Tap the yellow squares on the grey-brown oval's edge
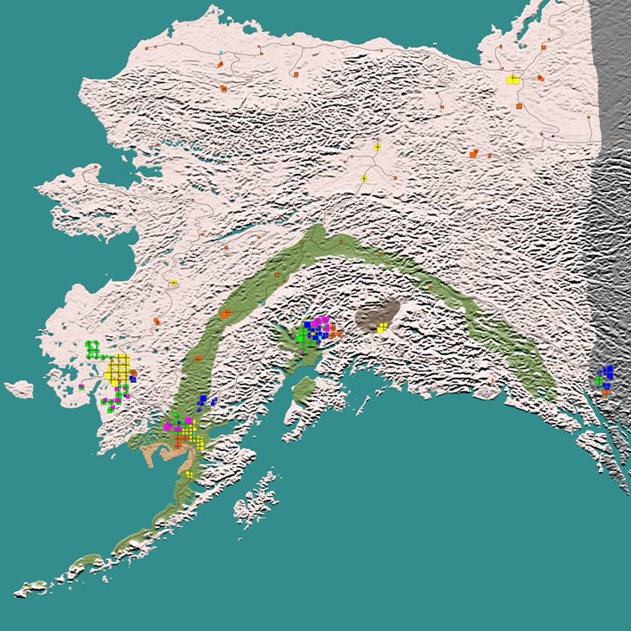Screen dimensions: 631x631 [381, 328]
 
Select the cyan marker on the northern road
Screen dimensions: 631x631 [221, 53]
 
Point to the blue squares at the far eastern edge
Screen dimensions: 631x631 [608, 373]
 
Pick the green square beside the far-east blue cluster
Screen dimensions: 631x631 [597, 380]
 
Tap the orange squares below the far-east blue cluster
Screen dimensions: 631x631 [606, 392]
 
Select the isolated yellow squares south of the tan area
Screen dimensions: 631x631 [188, 474]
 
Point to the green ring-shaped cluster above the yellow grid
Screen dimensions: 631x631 [92, 349]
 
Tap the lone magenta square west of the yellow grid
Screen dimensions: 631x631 [81, 386]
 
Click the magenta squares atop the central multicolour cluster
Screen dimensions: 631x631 [321, 322]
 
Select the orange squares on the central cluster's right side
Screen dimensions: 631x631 [333, 331]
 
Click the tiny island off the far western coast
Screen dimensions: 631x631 [18, 389]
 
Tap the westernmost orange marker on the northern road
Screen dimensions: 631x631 [147, 49]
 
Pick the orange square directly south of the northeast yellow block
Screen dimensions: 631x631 [519, 105]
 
